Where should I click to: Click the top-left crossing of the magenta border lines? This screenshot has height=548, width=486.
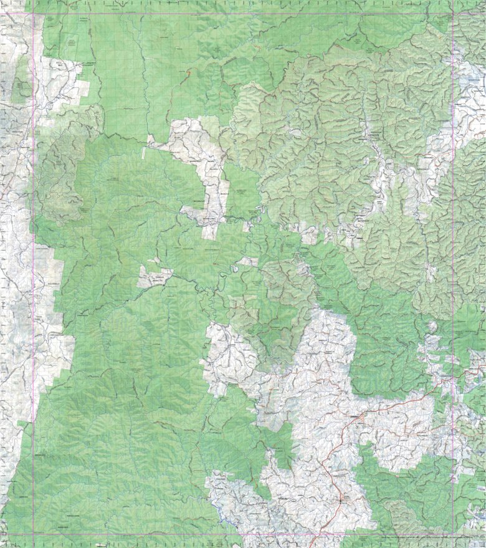34,13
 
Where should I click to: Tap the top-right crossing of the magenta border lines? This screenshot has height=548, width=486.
453,13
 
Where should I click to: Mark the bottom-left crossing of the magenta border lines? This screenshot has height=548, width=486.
34,534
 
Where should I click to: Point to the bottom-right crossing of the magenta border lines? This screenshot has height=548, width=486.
453,534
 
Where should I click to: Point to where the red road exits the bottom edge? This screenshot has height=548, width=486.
312,546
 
